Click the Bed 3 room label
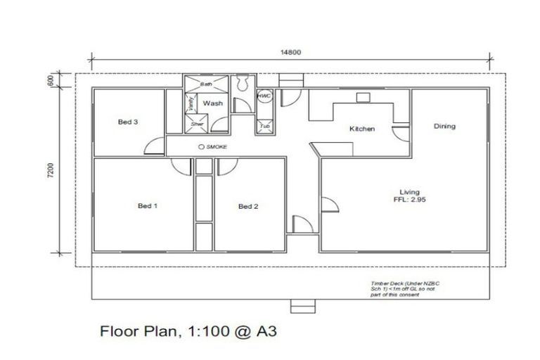(x=127, y=122)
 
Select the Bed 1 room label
(x=147, y=206)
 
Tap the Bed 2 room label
(x=248, y=206)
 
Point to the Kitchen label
(x=362, y=129)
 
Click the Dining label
(x=444, y=127)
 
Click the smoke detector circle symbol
(x=202, y=146)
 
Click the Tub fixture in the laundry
(x=264, y=126)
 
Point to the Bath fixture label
(x=206, y=84)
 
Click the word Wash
(x=213, y=103)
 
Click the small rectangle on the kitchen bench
(x=363, y=98)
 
